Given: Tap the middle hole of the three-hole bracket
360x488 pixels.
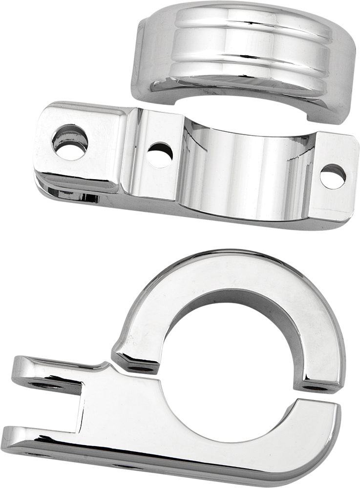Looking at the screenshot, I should click(160, 155).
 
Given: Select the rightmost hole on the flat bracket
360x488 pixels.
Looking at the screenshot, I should click(333, 176).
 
